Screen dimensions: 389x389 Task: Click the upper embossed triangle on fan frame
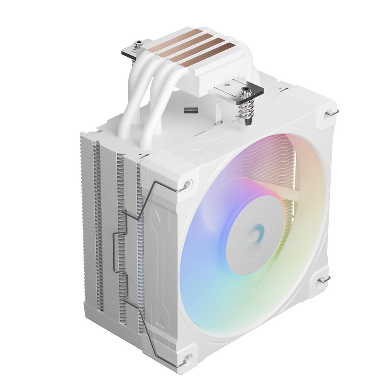pyautogui.click(x=156, y=212)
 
